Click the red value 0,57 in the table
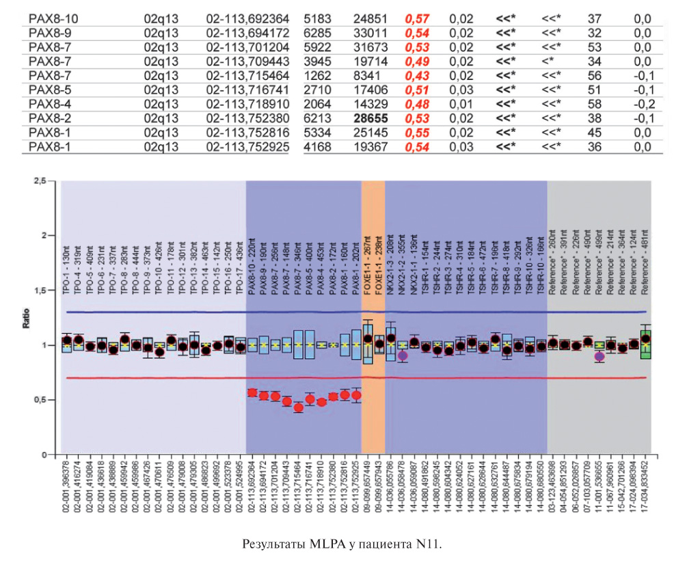(413, 18)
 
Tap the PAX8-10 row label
(49, 18)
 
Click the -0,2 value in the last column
(643, 103)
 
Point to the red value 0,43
(413, 75)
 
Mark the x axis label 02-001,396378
(66, 489)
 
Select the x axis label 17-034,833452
(645, 489)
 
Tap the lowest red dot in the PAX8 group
(298, 407)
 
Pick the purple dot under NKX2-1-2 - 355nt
(403, 355)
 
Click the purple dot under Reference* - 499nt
(599, 356)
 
